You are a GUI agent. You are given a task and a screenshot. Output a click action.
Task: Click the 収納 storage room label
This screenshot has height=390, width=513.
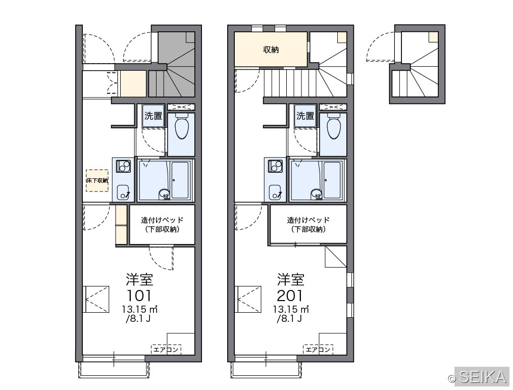[271, 50]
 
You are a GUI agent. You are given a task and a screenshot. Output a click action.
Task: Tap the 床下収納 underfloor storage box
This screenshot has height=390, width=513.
[97, 180]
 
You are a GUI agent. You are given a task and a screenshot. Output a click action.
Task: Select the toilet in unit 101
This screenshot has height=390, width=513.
[181, 126]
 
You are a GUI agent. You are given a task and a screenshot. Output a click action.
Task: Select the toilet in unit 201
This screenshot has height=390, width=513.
[333, 126]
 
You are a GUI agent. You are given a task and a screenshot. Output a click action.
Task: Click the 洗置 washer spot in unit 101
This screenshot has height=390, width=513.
[153, 116]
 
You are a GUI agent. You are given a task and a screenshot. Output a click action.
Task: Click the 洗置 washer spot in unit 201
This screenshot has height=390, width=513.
[305, 116]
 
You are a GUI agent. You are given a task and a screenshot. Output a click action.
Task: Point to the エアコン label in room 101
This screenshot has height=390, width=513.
[166, 350]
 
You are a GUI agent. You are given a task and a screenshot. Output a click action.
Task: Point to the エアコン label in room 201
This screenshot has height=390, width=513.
[318, 350]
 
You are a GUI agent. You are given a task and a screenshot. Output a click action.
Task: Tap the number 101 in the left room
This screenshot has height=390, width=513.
[139, 296]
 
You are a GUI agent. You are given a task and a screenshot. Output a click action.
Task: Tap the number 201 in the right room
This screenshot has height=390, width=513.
[290, 296]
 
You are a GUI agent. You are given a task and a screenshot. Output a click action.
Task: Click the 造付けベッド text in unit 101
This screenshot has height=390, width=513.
[162, 220]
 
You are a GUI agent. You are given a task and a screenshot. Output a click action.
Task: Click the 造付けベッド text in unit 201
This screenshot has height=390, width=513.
[308, 220]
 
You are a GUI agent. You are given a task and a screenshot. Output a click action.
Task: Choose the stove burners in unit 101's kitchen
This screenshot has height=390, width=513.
[123, 166]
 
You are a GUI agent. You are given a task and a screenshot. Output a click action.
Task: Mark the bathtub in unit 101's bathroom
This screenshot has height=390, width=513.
[180, 180]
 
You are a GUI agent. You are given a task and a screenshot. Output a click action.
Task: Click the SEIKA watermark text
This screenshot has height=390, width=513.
[483, 376]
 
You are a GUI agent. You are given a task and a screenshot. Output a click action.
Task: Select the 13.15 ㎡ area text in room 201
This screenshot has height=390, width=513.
[291, 309]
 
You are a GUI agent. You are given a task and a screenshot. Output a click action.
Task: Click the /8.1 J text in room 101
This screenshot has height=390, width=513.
[138, 318]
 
